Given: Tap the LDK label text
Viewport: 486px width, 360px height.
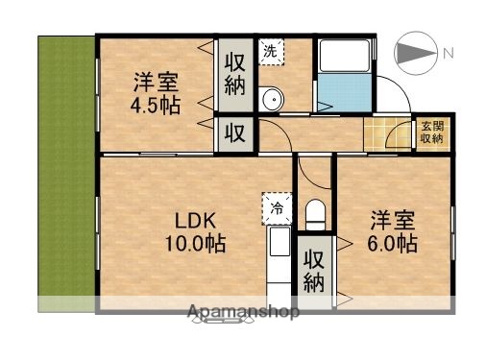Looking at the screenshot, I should (193, 219).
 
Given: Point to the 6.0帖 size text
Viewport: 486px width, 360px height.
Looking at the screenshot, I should (392, 244).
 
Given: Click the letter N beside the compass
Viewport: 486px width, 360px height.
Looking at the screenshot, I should (448, 55).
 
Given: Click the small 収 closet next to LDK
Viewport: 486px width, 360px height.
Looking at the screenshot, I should (233, 133).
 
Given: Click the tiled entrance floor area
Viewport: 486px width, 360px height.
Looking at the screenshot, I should (387, 133).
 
